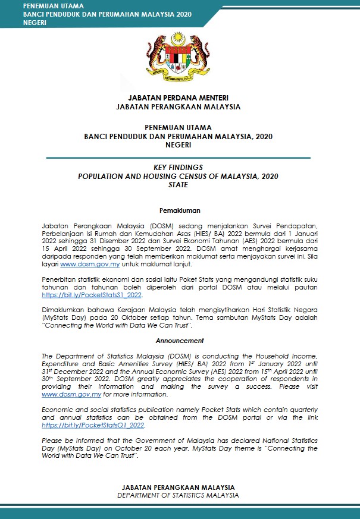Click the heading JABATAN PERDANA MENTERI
179,97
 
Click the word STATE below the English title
179,185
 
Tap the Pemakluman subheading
180,210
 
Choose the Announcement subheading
180,341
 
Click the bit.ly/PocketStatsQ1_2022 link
94,426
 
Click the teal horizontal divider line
179,158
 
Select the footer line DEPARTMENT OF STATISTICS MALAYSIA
179,495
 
